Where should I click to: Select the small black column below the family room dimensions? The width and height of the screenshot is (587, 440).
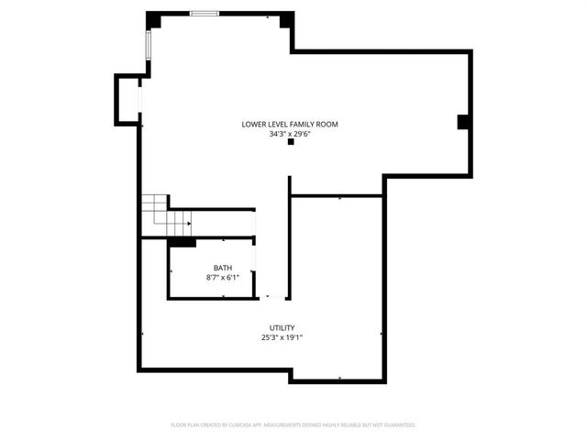[x=291, y=143]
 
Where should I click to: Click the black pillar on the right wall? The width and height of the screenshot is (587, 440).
[x=463, y=122]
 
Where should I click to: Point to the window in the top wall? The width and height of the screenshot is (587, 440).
[x=205, y=13]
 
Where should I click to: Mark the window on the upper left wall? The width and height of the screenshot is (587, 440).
[x=147, y=43]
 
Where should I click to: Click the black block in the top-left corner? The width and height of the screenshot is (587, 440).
[x=152, y=19]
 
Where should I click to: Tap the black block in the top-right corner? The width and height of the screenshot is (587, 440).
[x=286, y=19]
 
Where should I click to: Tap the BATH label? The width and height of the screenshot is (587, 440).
[x=223, y=268]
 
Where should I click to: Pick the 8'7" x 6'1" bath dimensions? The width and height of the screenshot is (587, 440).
[x=223, y=277]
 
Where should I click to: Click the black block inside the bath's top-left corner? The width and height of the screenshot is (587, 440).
[x=182, y=242]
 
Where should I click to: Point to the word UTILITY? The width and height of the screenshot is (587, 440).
[x=282, y=328]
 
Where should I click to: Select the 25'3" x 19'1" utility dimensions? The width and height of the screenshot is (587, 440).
[x=282, y=337]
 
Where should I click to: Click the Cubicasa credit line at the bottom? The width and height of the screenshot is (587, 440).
[x=293, y=425]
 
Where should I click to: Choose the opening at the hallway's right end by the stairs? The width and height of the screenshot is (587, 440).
[x=254, y=223]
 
